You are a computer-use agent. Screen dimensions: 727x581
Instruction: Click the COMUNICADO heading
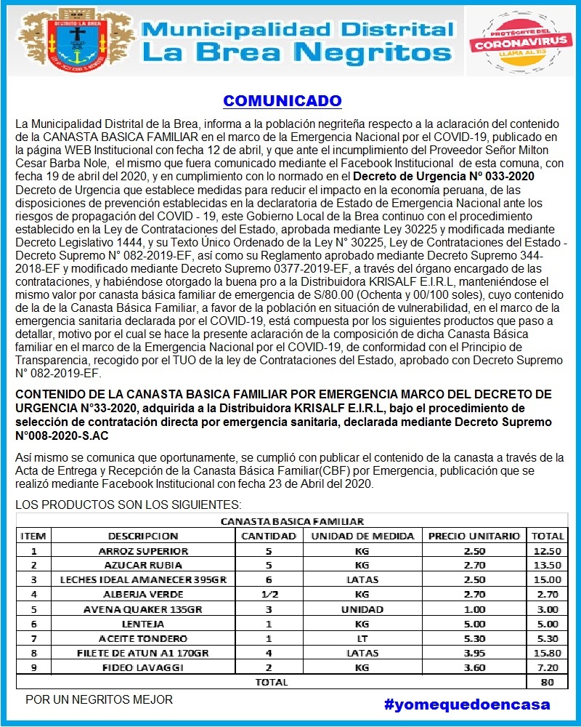(x=282, y=100)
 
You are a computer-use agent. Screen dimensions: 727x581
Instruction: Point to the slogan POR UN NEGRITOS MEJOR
(x=99, y=699)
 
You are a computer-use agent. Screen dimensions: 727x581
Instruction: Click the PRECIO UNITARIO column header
(x=474, y=536)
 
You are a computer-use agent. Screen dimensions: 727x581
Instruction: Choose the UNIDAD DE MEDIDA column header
(x=362, y=536)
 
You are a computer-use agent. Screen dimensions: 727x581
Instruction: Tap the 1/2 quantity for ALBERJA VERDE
(x=269, y=594)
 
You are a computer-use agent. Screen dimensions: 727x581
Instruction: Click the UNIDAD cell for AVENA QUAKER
(x=362, y=609)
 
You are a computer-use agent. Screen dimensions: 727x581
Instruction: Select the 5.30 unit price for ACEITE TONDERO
(x=474, y=638)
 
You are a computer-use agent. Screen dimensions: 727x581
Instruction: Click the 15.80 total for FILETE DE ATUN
(x=548, y=653)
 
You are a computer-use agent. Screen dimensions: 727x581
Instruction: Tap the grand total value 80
(x=548, y=682)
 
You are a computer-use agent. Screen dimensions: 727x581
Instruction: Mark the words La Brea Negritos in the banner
(x=296, y=52)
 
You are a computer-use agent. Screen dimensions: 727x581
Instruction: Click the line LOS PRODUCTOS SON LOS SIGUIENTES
(x=129, y=505)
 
